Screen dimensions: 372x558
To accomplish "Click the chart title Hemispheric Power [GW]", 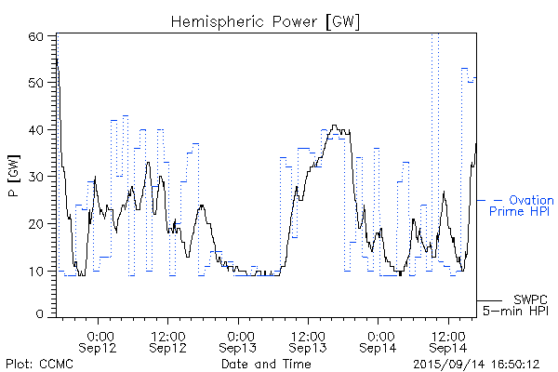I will [x=266, y=20].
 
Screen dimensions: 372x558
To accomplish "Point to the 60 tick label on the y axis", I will [x=37, y=36].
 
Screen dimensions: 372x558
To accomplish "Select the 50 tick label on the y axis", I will [x=37, y=83].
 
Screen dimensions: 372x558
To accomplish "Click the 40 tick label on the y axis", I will [x=37, y=129].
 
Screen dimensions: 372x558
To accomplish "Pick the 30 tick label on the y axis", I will [x=37, y=176].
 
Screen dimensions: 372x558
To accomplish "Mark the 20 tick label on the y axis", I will [x=37, y=223].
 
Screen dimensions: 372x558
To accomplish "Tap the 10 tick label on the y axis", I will [x=37, y=271].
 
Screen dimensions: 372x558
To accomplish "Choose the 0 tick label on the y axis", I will [x=41, y=314].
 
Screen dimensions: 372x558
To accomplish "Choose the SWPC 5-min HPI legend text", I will [x=520, y=305].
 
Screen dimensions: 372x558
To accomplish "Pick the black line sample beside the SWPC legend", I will [x=490, y=300].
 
